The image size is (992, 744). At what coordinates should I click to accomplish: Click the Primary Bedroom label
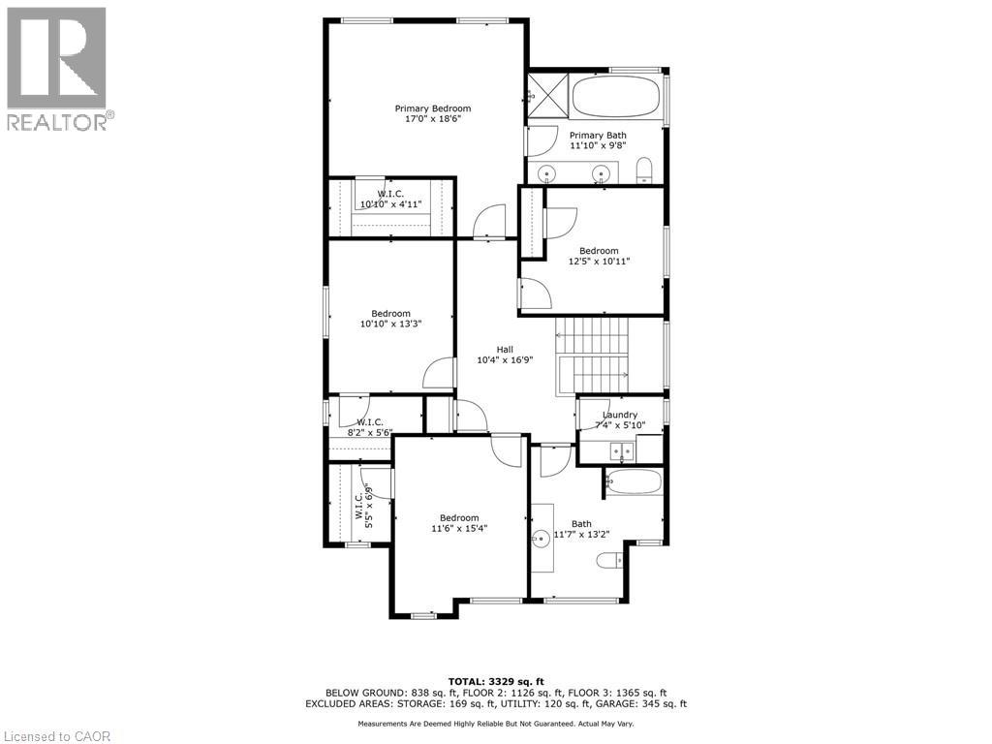point(432,108)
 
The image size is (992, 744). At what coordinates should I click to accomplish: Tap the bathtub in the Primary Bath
point(616,98)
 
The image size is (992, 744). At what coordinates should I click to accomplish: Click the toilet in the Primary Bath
point(645,172)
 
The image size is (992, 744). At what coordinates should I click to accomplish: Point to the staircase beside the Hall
point(592,356)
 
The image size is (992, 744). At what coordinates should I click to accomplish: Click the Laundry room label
point(620,415)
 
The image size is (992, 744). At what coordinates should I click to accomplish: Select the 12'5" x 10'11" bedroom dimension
point(599,261)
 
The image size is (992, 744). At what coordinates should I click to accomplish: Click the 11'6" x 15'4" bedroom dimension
point(459,529)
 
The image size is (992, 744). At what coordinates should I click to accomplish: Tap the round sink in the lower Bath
point(540,540)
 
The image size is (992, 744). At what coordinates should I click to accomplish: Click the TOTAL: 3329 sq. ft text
point(495,680)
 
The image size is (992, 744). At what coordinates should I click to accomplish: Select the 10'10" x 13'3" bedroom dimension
point(390,325)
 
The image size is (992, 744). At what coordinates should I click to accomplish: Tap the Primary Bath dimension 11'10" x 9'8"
point(598,146)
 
